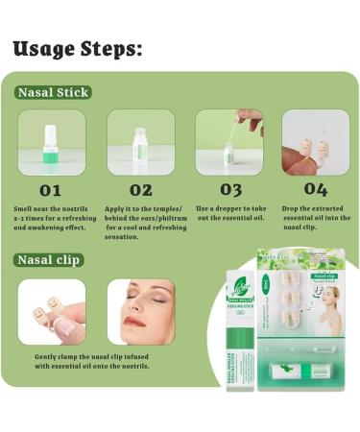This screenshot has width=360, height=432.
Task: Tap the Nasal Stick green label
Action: (53, 93)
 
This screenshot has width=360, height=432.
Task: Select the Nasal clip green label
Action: (49, 259)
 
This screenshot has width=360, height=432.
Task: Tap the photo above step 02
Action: (140, 142)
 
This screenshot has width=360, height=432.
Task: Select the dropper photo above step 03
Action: (230, 142)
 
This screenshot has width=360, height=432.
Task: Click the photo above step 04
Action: (316, 142)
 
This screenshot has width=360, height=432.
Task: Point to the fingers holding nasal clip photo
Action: (51, 312)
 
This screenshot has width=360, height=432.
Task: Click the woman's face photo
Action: (140, 312)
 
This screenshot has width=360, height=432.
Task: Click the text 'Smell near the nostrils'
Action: (48, 208)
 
